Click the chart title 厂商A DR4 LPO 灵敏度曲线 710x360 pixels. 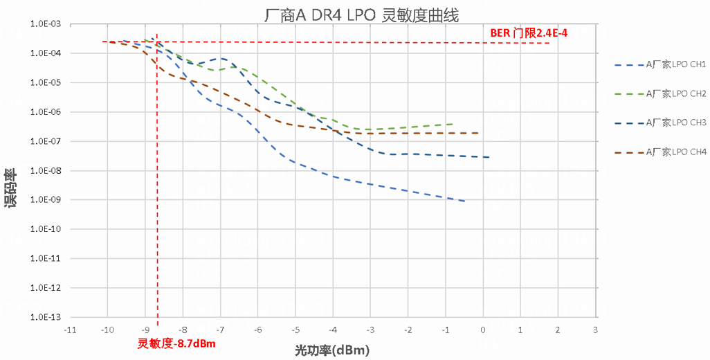coord(362,15)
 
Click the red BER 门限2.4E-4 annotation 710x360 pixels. coord(528,33)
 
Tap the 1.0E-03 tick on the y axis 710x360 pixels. coord(45,24)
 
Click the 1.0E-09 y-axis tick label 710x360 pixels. coord(45,200)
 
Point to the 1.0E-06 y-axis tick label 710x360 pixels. coord(45,112)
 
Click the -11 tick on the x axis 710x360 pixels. coord(69,330)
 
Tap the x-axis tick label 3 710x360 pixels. coord(595,330)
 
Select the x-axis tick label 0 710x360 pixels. coord(482,330)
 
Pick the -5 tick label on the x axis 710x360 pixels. coord(295,330)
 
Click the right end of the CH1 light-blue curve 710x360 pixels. coord(464,201)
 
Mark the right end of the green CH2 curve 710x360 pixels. coord(453,124)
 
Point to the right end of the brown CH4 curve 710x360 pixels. coord(477,133)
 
